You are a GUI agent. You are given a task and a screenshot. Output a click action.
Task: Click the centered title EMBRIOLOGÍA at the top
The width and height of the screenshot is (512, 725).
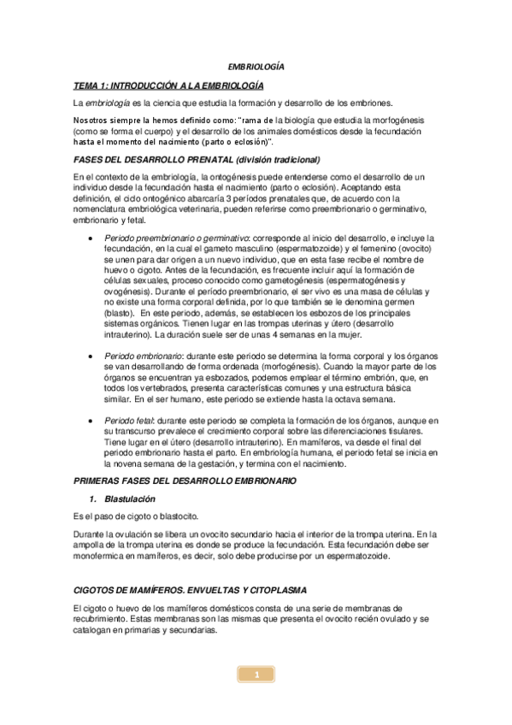(256, 67)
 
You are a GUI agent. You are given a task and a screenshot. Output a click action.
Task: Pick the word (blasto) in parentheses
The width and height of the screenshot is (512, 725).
(120, 314)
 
